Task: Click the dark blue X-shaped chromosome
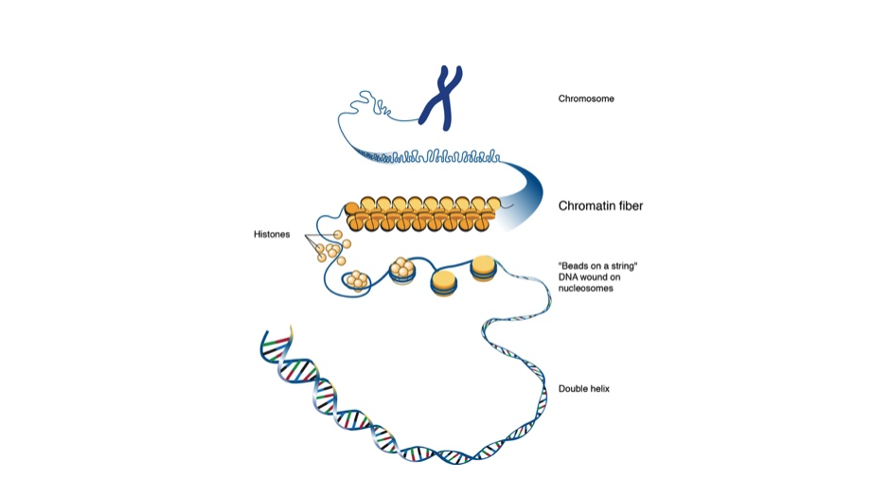pos(442,98)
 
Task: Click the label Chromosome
pos(586,98)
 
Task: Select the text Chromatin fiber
pos(600,205)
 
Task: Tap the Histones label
pos(272,234)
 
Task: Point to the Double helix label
pos(584,388)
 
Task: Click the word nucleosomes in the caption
pos(586,289)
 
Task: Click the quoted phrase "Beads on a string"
pos(596,266)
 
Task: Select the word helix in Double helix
pos(598,388)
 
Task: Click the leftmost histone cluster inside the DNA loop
pos(358,280)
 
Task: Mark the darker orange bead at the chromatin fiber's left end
pos(351,208)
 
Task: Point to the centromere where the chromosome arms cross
pos(443,97)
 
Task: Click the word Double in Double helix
pos(573,388)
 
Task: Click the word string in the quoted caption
pos(621,266)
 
